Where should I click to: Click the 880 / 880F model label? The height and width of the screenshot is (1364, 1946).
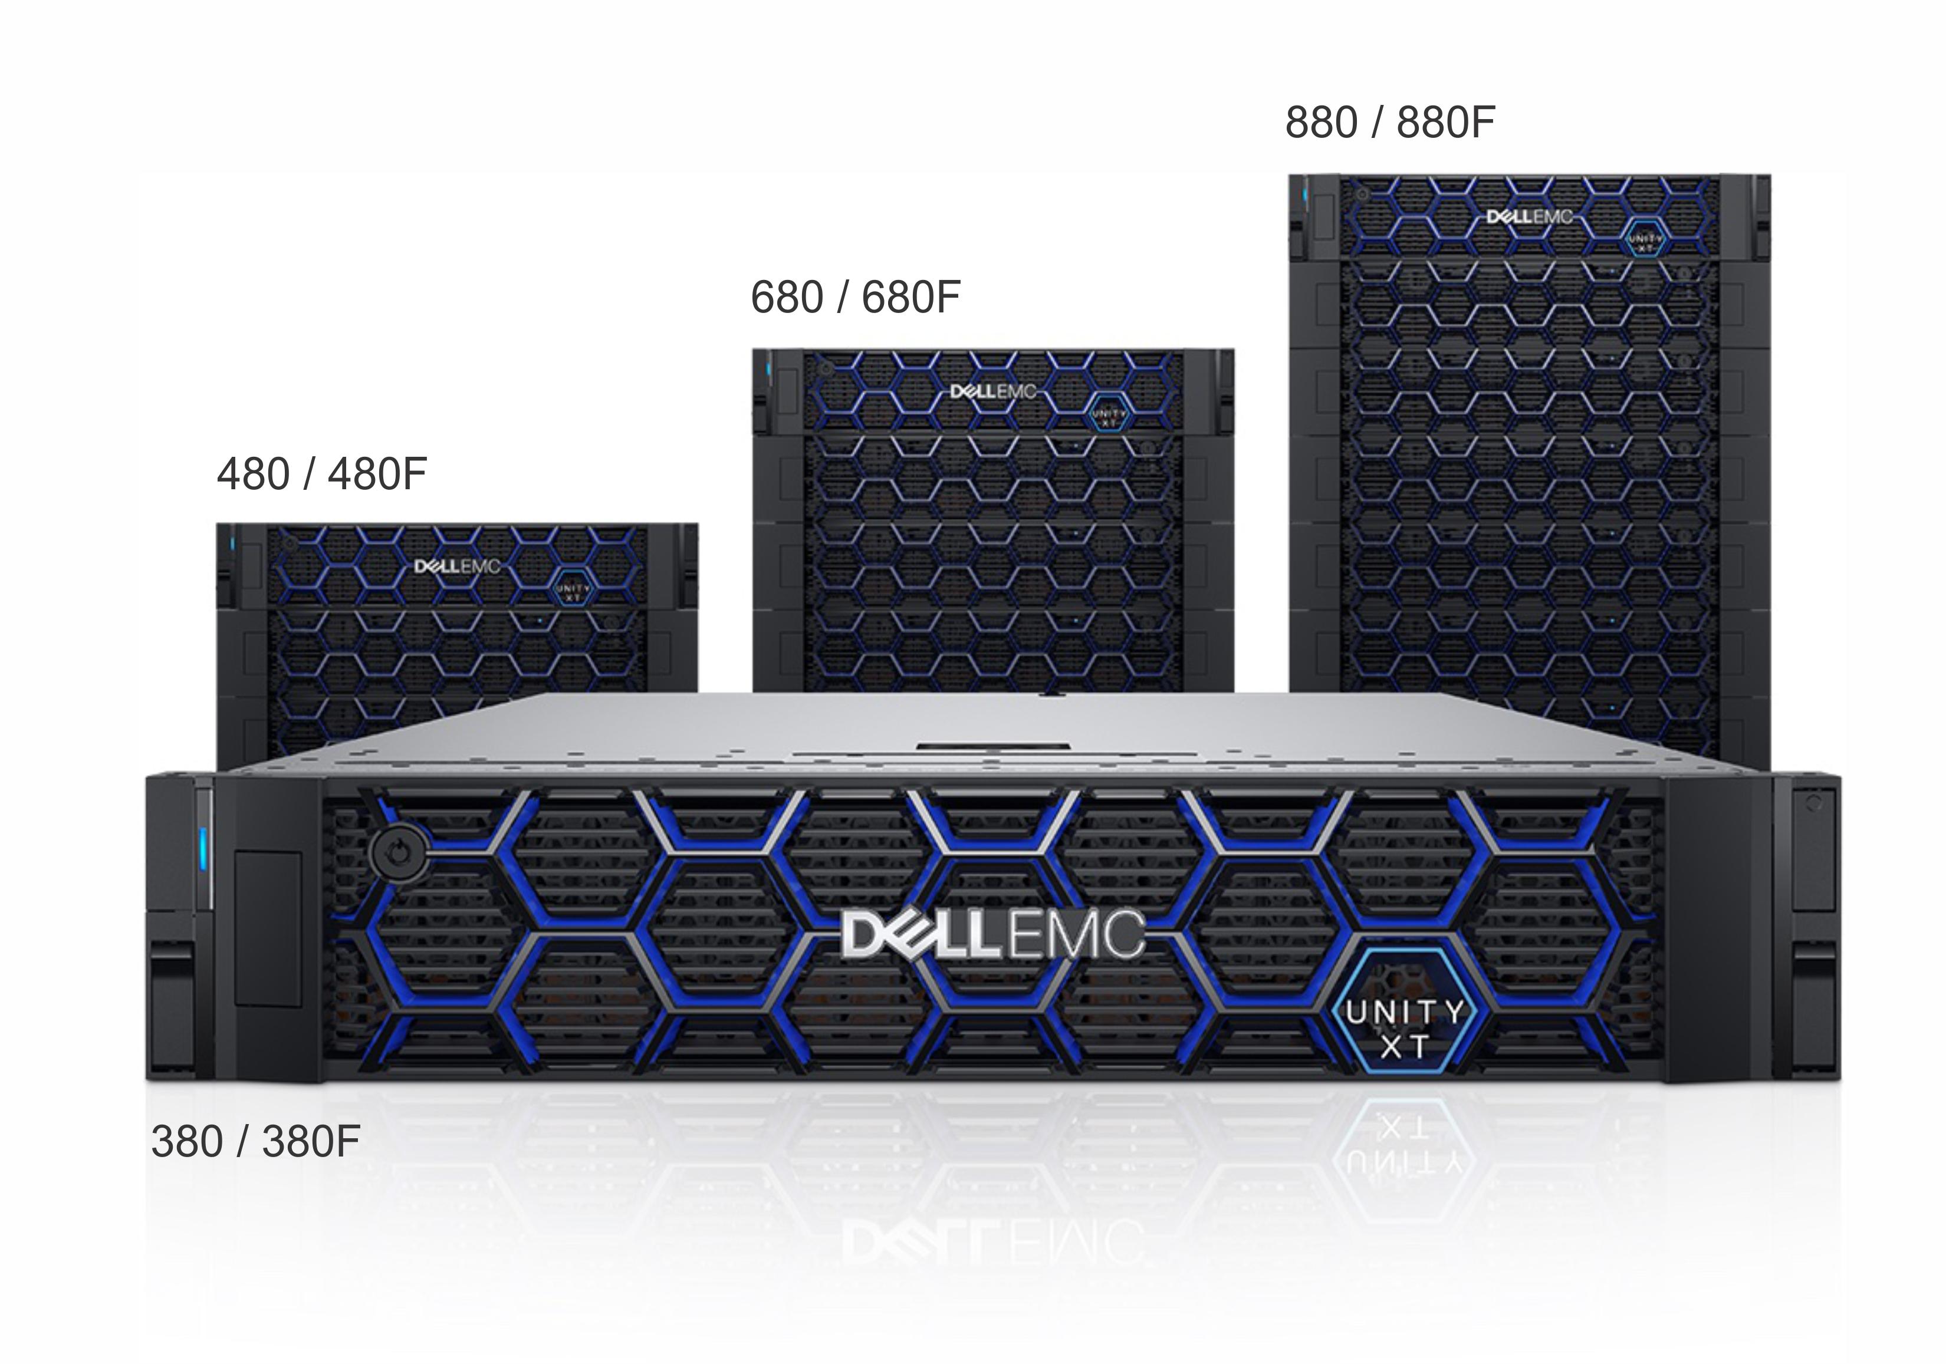1390,123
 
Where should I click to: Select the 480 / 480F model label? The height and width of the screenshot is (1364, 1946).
321,475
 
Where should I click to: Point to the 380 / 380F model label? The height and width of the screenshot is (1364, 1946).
256,1141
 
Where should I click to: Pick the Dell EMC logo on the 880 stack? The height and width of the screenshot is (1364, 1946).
1530,217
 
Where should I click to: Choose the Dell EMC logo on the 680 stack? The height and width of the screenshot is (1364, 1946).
993,391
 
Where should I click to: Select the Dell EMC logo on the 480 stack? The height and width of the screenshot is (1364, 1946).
458,566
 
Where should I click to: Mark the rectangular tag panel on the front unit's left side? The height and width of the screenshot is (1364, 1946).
268,928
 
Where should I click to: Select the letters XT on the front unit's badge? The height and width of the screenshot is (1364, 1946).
1405,1047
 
